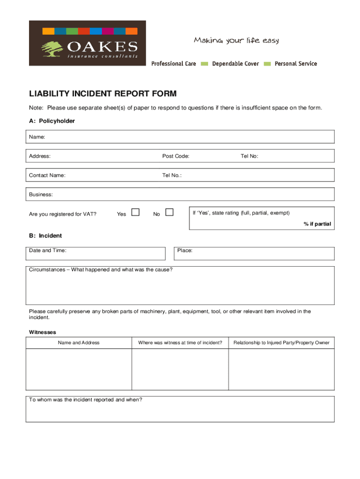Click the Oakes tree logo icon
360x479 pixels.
(52, 48)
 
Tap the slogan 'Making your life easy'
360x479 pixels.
(236, 41)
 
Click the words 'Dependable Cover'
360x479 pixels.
(235, 64)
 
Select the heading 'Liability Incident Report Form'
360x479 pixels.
(103, 94)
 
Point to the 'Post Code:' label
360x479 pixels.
(176, 156)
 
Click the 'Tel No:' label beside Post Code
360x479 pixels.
(249, 156)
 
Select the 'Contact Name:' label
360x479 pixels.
(47, 175)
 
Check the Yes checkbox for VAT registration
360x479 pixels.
(136, 213)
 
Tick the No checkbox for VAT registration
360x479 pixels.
(169, 213)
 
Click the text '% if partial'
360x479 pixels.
(317, 224)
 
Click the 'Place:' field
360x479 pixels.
(255, 254)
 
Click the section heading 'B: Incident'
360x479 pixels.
(45, 236)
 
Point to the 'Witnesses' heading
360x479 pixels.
(43, 332)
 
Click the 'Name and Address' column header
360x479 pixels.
(79, 343)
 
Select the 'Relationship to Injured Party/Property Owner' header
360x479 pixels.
(281, 343)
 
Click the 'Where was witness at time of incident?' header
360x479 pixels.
(180, 343)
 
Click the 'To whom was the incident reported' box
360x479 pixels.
(180, 409)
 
